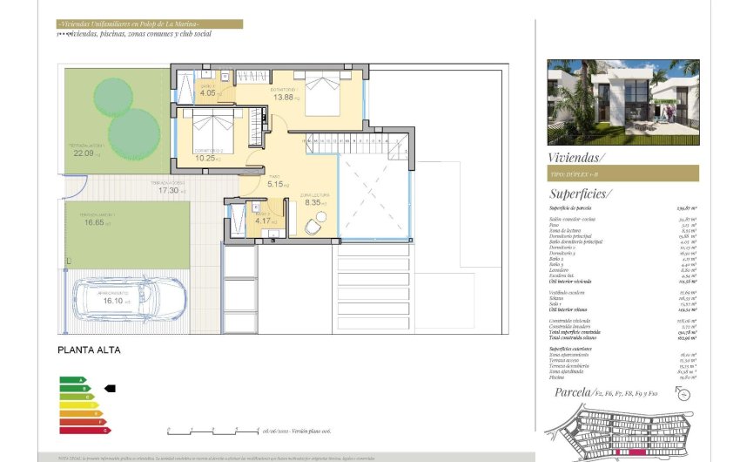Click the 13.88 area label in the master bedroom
click(x=284, y=97)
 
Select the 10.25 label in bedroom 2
click(x=205, y=158)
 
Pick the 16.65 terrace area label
click(x=96, y=222)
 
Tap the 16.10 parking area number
click(x=113, y=301)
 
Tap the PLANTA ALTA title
click(x=89, y=350)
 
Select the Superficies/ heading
click(x=580, y=194)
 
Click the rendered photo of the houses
click(x=622, y=102)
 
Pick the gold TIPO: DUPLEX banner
click(x=622, y=173)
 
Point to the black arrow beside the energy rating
click(x=110, y=387)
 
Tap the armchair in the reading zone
click(x=311, y=226)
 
